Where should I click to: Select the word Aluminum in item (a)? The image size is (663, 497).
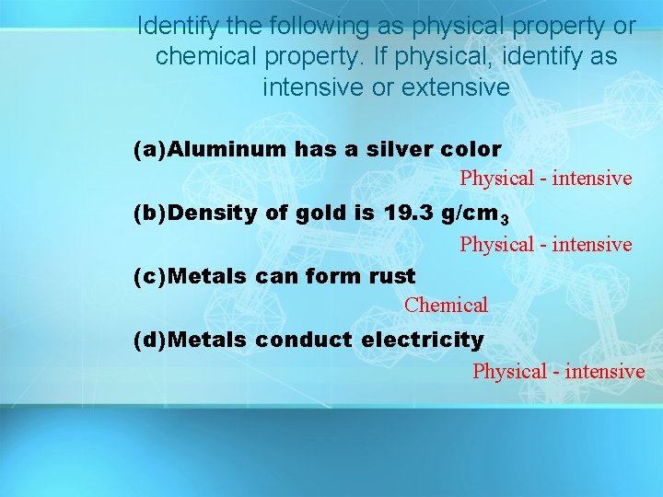(x=229, y=149)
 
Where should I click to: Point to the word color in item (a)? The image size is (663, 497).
(x=471, y=149)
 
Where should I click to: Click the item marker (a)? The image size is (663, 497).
(x=152, y=149)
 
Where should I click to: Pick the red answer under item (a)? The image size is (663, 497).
(x=546, y=179)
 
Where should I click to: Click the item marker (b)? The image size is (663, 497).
(x=152, y=214)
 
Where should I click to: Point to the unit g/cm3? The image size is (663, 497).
(x=475, y=215)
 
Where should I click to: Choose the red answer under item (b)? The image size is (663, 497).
(x=546, y=245)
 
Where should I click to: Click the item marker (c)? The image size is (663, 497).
(x=152, y=276)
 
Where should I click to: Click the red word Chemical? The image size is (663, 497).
(x=446, y=305)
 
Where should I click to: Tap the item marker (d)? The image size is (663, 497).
(x=152, y=341)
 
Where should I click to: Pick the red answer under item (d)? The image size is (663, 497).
(x=558, y=372)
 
